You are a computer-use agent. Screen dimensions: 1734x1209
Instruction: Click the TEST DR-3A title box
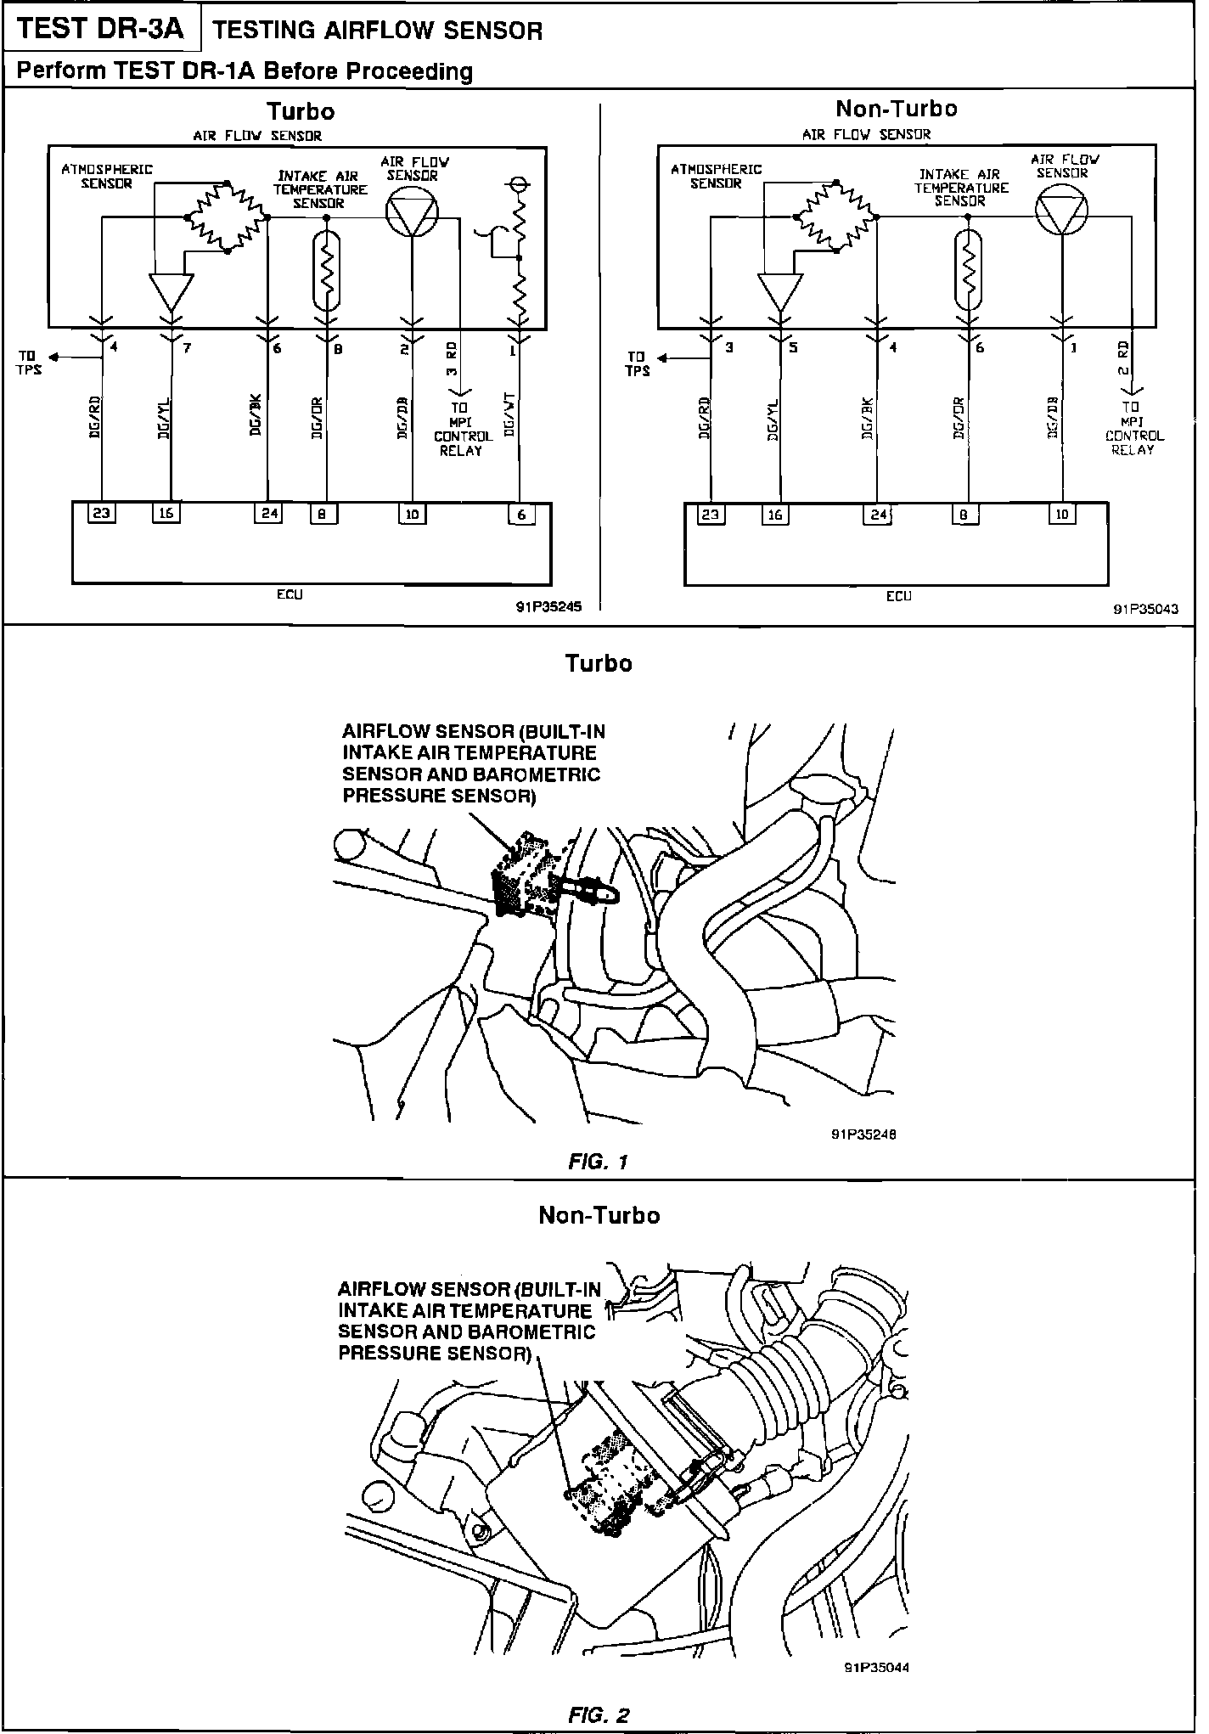point(100,29)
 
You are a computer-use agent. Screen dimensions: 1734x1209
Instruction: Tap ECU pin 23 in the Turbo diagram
point(102,513)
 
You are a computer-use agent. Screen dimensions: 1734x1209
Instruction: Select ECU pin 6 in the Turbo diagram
point(521,514)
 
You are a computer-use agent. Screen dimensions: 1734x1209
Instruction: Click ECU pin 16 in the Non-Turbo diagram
point(775,514)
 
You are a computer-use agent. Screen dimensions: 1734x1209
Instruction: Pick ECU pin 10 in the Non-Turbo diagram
point(1062,514)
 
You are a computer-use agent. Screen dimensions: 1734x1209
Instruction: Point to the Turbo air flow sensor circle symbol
point(412,210)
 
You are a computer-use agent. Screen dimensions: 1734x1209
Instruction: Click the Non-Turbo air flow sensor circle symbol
point(1062,208)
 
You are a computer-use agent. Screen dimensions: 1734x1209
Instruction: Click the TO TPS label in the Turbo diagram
point(28,363)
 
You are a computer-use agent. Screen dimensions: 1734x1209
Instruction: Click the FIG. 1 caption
point(598,1161)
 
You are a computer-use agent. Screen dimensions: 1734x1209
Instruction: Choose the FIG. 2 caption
point(598,1714)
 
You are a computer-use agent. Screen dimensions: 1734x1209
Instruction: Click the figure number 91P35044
point(876,1667)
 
